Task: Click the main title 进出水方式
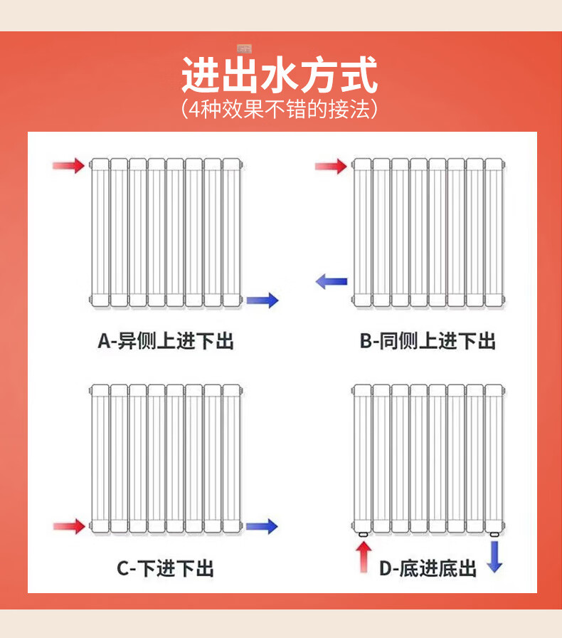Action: point(279,75)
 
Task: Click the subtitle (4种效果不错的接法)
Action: point(279,109)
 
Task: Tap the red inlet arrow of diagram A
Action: point(69,166)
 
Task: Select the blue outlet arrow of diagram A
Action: point(263,300)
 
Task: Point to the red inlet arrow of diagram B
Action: point(331,167)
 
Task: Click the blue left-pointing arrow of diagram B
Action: point(332,281)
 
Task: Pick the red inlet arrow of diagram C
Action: point(69,527)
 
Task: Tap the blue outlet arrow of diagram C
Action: point(262,527)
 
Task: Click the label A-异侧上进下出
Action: point(166,342)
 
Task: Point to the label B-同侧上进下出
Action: point(427,342)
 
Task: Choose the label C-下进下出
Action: point(166,568)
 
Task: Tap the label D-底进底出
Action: point(427,568)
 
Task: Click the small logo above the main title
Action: point(245,48)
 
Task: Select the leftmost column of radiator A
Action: point(100,233)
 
